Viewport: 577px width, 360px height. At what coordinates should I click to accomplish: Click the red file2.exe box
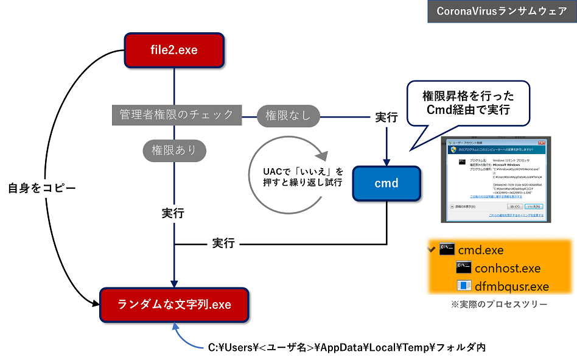[x=174, y=50]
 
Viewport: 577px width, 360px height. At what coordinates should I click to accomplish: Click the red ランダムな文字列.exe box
[x=174, y=304]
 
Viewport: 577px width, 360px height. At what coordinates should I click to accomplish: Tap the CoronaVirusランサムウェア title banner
[x=501, y=11]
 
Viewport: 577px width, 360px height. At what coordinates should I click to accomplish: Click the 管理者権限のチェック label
[x=177, y=115]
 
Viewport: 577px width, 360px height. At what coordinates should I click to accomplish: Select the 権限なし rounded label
[x=288, y=115]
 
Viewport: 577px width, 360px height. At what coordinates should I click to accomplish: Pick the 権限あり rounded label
[x=173, y=150]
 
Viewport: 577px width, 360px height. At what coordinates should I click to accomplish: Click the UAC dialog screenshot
[x=496, y=179]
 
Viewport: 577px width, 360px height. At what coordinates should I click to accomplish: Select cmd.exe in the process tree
[x=481, y=250]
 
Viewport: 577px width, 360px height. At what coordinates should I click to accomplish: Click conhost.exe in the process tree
[x=508, y=268]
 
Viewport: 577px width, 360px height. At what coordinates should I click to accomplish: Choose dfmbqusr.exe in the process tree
[x=511, y=286]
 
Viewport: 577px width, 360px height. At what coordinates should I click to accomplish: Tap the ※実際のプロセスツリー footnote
[x=498, y=304]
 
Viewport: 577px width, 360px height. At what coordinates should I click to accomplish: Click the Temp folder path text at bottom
[x=346, y=347]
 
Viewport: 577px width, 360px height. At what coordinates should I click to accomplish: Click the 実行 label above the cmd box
[x=386, y=118]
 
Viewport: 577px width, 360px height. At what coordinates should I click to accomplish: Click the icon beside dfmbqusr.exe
[x=464, y=286]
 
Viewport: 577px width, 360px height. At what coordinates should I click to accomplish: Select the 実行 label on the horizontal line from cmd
[x=223, y=243]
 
